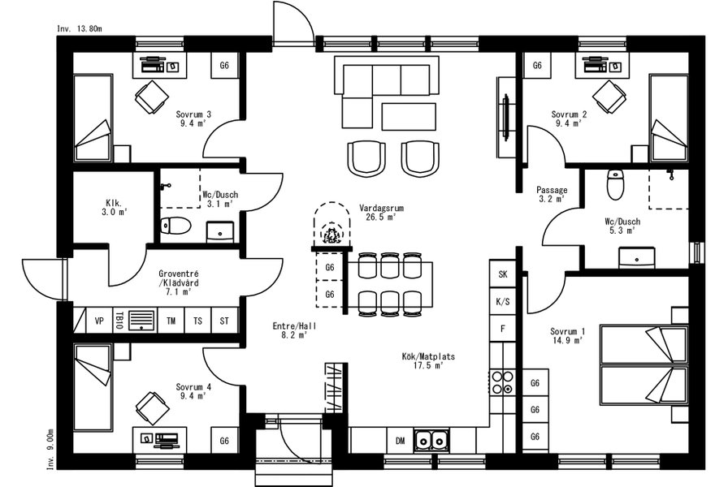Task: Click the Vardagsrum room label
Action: pos(381,209)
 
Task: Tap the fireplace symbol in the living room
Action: pos(332,225)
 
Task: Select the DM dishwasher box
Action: pos(401,441)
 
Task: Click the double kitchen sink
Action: pos(431,441)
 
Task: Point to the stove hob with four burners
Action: pos(503,382)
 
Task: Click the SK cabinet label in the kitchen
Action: pos(503,274)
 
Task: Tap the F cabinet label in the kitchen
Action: pos(503,329)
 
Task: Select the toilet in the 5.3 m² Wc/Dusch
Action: pos(615,184)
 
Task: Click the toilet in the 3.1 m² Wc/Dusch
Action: pos(176,226)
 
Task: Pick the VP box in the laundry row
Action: pos(99,321)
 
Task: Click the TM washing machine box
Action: pos(171,321)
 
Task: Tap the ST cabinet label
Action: pos(224,321)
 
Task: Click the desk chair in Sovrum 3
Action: pos(152,97)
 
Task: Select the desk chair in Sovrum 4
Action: pos(152,408)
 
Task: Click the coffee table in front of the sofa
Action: pos(409,116)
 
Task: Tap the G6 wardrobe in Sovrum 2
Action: pos(537,66)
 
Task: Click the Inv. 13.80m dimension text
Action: pos(80,28)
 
